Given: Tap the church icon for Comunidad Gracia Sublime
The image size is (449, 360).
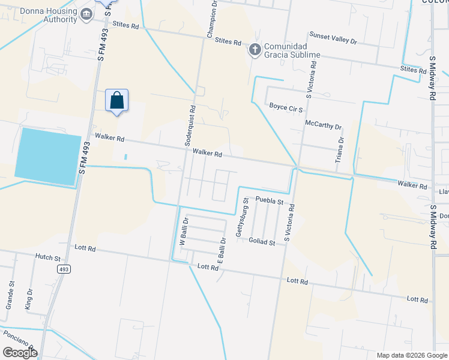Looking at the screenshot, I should point(255,50).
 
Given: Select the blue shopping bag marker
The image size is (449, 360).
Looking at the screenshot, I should point(117,101).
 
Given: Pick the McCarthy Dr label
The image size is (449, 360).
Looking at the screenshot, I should point(323,127).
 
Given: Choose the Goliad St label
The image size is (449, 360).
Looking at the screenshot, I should point(261,242).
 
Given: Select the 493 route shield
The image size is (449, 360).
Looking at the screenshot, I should point(64,269).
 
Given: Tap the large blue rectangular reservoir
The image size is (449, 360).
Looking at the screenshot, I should point(47,156).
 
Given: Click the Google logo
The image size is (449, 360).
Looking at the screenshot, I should point(20,352).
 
